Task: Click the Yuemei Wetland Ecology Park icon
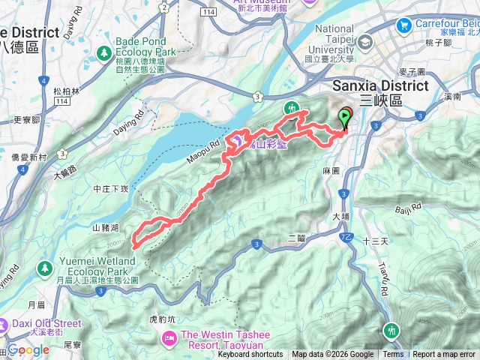point(45,267)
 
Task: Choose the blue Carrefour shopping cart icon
point(405,25)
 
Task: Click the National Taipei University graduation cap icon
point(365,42)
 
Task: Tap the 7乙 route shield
point(346,238)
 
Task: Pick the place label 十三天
point(373,241)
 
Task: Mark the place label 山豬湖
point(106,227)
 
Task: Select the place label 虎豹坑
point(162,319)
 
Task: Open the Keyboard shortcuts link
point(250,355)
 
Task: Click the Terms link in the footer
point(393,355)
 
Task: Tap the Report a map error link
point(444,355)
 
